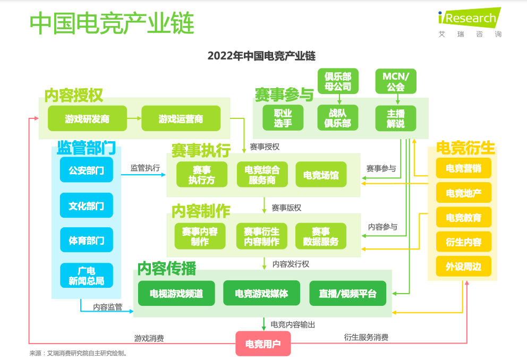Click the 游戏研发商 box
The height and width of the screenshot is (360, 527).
[x=87, y=118]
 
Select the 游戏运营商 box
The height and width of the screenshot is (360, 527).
[x=181, y=118]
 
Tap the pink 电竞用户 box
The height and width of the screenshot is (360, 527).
[x=263, y=344]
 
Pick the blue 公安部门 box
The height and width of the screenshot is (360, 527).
[x=87, y=170]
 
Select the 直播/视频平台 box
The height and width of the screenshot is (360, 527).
[x=347, y=294]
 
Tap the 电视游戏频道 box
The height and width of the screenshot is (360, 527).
[x=176, y=294]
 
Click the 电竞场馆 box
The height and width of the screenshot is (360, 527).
[x=321, y=175]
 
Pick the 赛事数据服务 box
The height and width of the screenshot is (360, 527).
[x=321, y=236]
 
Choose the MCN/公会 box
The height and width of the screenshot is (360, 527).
[x=396, y=81]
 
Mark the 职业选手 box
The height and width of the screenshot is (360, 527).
[x=283, y=118]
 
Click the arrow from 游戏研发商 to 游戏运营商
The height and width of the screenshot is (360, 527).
[x=134, y=118]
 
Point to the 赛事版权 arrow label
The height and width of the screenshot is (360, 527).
[x=286, y=208]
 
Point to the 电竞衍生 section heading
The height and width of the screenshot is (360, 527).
[x=465, y=148]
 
